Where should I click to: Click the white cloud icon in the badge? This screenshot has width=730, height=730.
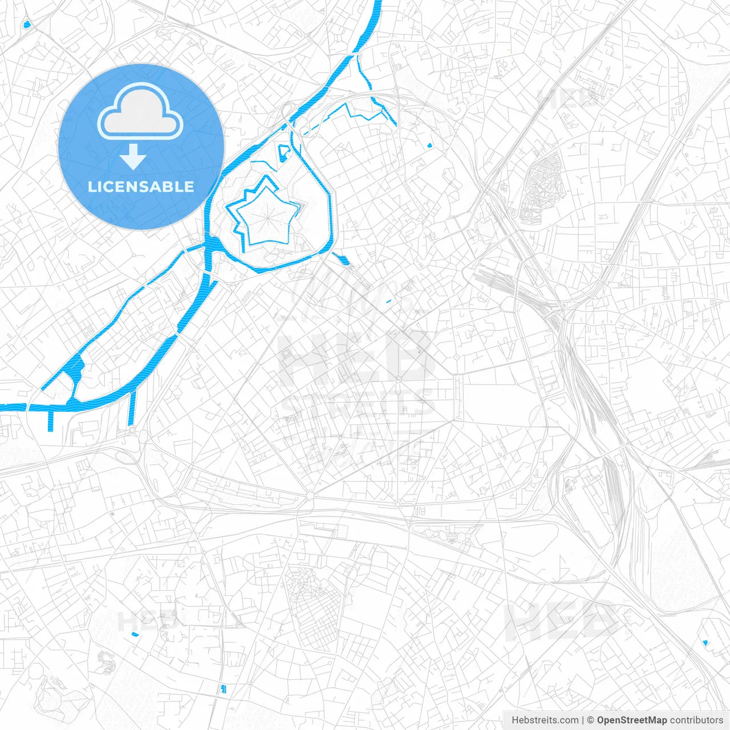coord(140,111)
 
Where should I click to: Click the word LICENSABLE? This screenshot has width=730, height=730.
coord(141,186)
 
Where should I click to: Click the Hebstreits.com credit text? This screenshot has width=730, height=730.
coord(545,720)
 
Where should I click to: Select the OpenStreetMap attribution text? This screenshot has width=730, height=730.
coord(632,720)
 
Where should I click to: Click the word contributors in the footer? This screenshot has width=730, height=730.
coord(697,720)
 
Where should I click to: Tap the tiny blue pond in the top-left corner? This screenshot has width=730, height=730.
coord(26,25)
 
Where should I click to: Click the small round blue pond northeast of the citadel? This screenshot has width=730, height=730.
coord(429,145)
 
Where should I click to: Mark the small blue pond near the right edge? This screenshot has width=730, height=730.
coord(705,643)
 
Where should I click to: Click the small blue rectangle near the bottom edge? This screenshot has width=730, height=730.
coord(223,688)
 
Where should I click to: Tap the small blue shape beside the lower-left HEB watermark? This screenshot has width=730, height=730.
coord(135,634)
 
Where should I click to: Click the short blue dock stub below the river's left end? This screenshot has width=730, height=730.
coord(51,420)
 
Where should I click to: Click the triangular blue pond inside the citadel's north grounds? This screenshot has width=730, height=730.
coord(283,153)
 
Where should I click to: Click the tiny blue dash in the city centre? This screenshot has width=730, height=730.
coord(389,301)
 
